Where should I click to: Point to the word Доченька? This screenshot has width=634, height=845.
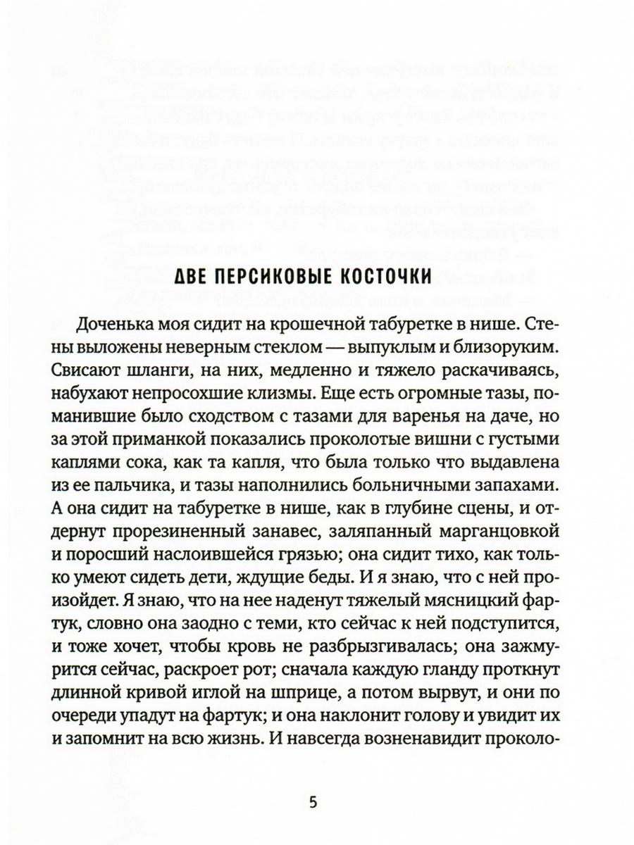tap(115, 327)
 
